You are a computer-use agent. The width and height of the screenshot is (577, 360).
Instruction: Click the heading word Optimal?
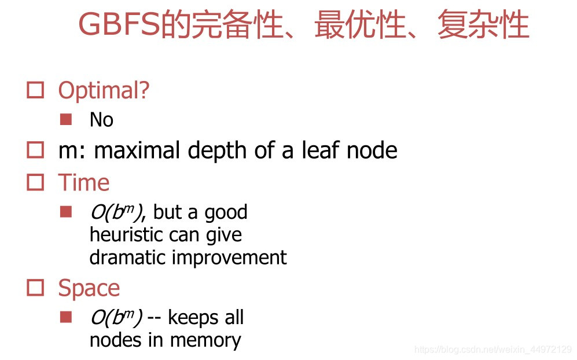(x=104, y=90)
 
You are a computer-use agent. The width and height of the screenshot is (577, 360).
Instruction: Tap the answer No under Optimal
(x=101, y=120)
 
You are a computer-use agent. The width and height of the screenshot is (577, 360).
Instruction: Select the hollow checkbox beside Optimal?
(x=36, y=90)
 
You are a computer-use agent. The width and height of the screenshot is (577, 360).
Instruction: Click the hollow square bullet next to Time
(x=36, y=182)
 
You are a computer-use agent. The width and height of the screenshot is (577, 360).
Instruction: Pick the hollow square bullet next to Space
(x=36, y=288)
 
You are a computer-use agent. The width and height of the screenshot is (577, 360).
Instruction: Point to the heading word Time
(x=83, y=182)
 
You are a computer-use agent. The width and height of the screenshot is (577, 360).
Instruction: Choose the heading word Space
(x=89, y=288)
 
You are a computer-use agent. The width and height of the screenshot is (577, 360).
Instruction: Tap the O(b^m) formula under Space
(x=116, y=317)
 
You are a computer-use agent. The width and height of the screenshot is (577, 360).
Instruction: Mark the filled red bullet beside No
(x=66, y=120)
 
